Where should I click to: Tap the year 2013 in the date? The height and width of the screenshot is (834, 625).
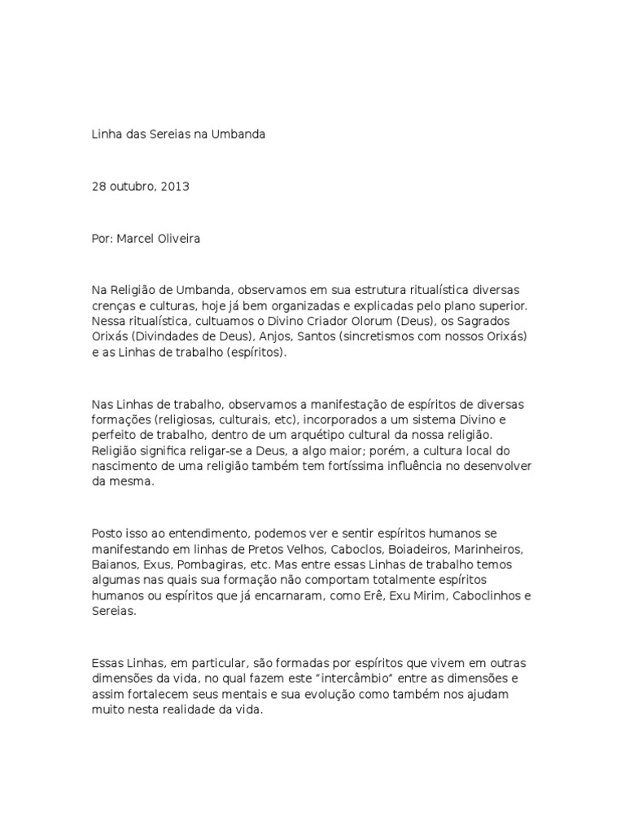pyautogui.click(x=175, y=187)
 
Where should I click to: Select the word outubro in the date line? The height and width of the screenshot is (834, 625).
pyautogui.click(x=133, y=187)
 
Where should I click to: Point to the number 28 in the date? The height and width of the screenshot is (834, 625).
pyautogui.click(x=98, y=187)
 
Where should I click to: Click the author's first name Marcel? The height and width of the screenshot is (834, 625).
pyautogui.click(x=139, y=239)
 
